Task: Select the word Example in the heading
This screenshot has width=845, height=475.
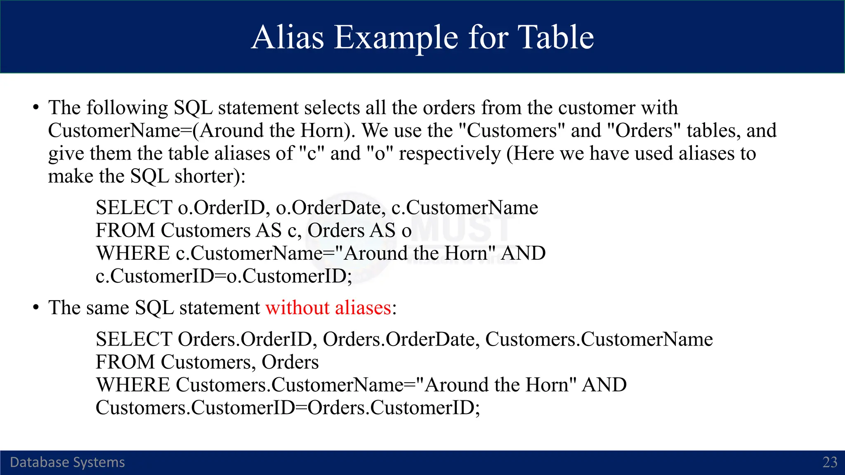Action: [396, 38]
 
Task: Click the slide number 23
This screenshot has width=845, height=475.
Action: [830, 462]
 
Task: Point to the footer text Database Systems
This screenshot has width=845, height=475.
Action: [67, 462]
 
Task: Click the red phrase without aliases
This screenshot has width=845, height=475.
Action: [328, 308]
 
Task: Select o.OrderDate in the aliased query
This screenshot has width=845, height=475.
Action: [330, 207]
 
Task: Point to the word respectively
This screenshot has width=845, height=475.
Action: [450, 154]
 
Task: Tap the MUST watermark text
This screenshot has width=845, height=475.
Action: [462, 228]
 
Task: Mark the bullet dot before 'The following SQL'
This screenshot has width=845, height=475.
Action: [36, 108]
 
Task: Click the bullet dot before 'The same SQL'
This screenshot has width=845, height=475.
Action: [36, 308]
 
